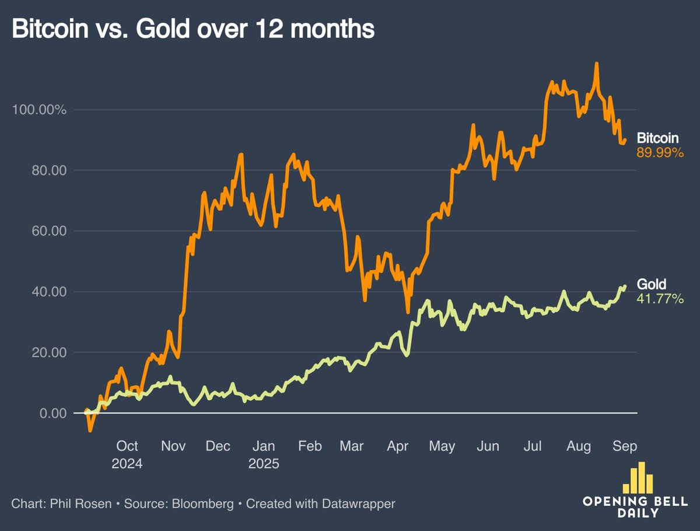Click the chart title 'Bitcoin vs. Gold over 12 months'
(193, 29)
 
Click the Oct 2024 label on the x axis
(127, 455)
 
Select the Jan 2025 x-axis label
(264, 455)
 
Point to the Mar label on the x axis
(351, 446)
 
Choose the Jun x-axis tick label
(488, 446)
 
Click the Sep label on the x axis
(625, 446)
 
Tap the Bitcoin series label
(657, 139)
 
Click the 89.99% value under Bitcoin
(660, 153)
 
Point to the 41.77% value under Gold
(660, 299)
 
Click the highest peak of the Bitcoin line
(596, 64)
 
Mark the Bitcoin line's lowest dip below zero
(90, 431)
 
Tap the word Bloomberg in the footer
(200, 503)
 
